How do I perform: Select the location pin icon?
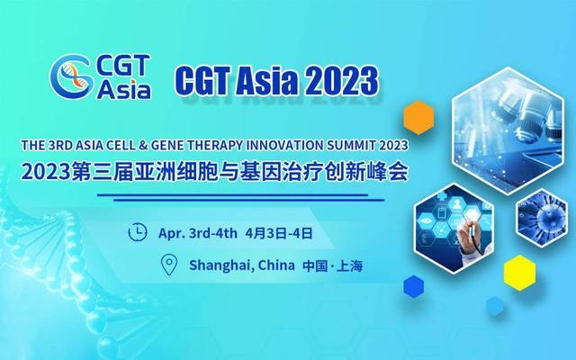pyautogui.click(x=168, y=265)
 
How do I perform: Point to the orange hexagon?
pyautogui.click(x=418, y=117)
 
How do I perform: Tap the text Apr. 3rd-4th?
pyautogui.click(x=197, y=232)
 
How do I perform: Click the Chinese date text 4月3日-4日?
pyautogui.click(x=277, y=232)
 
